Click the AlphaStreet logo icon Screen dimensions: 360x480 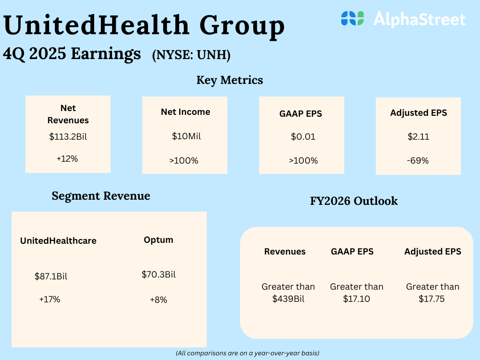tap(352, 18)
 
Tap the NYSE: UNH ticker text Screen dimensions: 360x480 tap(191, 55)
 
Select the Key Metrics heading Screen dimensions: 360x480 tap(230, 80)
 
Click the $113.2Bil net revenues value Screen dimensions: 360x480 tap(67, 137)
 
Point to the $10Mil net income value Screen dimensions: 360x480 tap(185, 136)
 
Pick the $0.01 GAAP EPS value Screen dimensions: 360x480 tap(303, 137)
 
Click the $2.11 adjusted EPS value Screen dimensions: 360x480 tap(419, 137)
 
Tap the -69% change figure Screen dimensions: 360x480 tap(418, 161)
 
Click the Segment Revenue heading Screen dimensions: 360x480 tap(101, 196)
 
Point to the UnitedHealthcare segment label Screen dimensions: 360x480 tap(58, 241)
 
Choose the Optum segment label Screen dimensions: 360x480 tap(158, 240)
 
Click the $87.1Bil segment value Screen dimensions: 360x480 tap(51, 277)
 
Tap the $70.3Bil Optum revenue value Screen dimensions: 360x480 tap(158, 275)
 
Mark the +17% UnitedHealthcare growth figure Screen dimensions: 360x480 tap(50, 299)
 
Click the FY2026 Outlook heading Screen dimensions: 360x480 tap(354, 201)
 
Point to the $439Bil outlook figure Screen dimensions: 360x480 tap(288, 299)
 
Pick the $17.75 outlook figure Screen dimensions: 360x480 tap(432, 299)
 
